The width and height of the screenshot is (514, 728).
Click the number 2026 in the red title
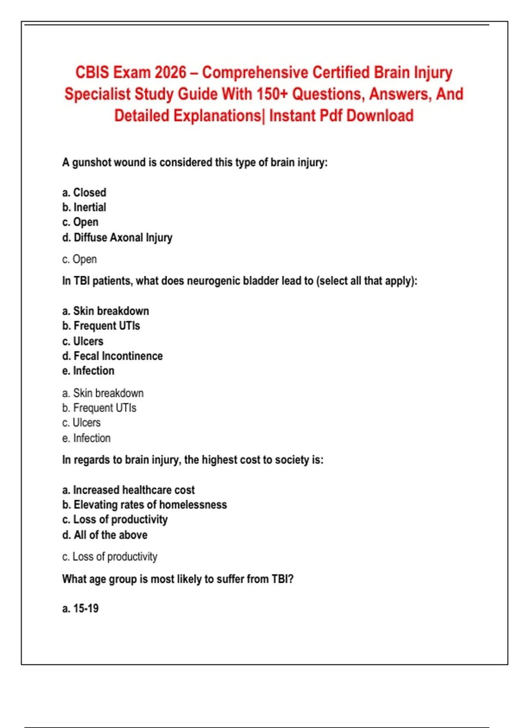click(170, 72)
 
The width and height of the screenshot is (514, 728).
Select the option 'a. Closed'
click(84, 193)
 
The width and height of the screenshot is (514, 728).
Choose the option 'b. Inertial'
click(84, 207)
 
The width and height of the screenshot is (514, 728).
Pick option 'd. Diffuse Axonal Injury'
click(117, 237)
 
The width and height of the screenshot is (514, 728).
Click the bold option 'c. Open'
click(80, 222)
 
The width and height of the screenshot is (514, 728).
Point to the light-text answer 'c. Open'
click(79, 259)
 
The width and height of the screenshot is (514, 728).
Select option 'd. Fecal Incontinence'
click(112, 356)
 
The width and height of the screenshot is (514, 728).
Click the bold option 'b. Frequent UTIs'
click(101, 326)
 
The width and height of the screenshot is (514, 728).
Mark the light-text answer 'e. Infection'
click(86, 438)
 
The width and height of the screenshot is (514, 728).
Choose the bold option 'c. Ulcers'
click(83, 341)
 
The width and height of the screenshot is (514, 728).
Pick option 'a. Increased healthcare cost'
click(128, 490)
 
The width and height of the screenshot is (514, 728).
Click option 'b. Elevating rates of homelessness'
click(144, 505)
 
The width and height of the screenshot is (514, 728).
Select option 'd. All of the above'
click(105, 535)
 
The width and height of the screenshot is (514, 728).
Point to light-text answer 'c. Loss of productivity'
click(110, 557)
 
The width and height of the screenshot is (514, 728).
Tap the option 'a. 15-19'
click(80, 609)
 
